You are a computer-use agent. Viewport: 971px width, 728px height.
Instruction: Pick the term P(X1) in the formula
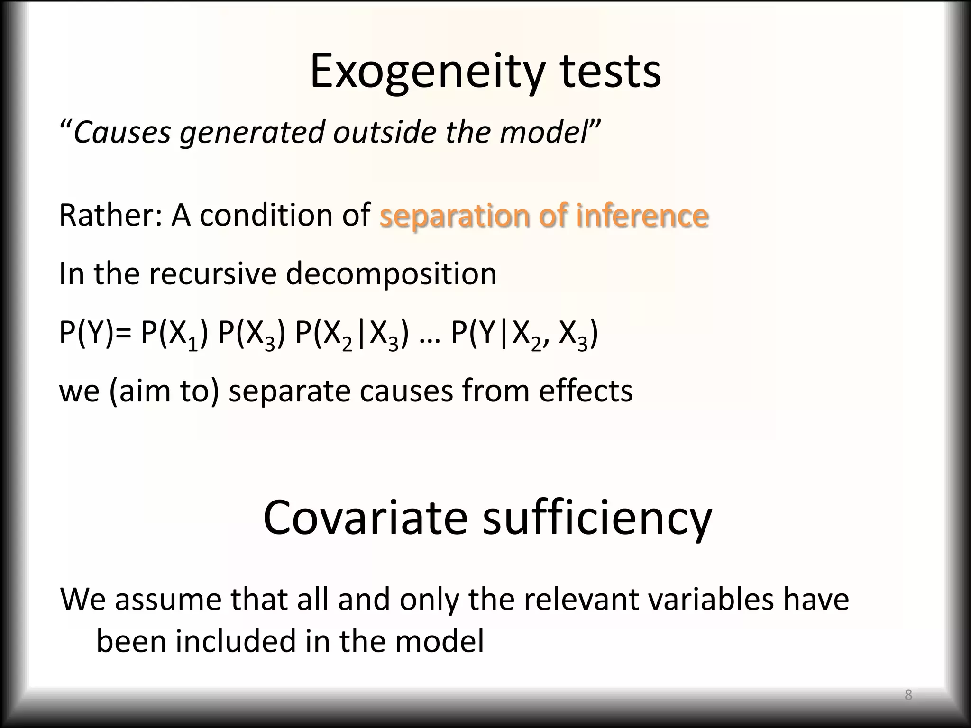pyautogui.click(x=174, y=334)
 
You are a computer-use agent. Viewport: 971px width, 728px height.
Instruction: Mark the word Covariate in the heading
pyautogui.click(x=365, y=518)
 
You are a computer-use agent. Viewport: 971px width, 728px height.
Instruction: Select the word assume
pyautogui.click(x=168, y=600)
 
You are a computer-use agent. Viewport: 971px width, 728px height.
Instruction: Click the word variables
pyautogui.click(x=710, y=600)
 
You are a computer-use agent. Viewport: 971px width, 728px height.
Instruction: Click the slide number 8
pyautogui.click(x=908, y=695)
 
